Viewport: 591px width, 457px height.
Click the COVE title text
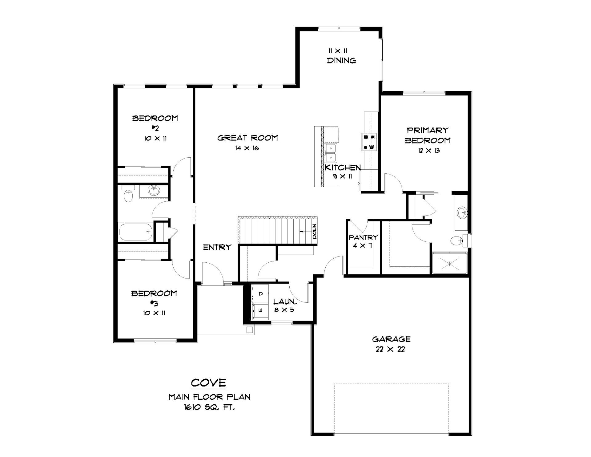point(209,383)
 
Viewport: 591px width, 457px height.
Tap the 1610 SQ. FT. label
point(209,407)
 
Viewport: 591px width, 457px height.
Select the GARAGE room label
point(391,339)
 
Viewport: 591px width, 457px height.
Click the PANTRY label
point(363,237)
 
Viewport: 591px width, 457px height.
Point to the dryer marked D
point(260,293)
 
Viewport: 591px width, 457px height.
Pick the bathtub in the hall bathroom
point(135,232)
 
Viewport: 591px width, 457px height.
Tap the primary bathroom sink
point(462,213)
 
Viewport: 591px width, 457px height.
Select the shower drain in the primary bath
point(449,264)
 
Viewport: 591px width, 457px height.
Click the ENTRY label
point(217,247)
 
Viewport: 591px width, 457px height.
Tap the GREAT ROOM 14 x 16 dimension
point(247,148)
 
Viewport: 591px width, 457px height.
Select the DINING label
point(341,61)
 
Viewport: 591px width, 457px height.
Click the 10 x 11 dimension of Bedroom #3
point(155,313)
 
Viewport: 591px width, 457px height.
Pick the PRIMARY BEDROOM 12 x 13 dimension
point(428,151)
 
